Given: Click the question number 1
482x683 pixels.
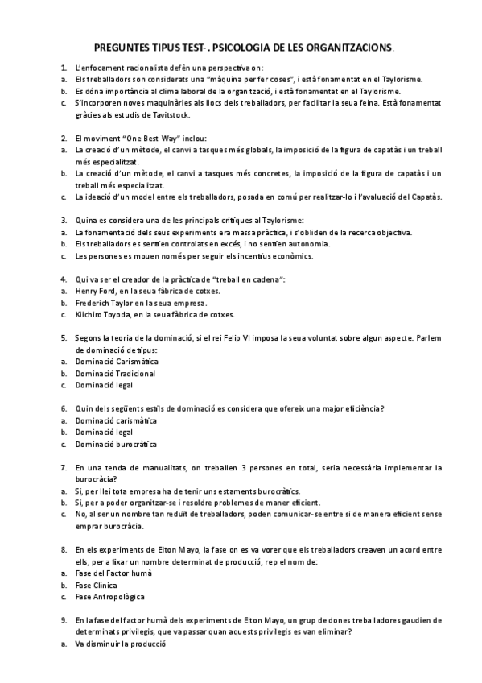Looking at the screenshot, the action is [x=64, y=68].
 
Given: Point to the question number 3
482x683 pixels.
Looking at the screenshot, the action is [x=64, y=221].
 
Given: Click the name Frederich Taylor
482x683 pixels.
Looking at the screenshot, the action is [x=110, y=302].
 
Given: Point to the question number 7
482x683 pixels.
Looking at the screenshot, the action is [x=64, y=467].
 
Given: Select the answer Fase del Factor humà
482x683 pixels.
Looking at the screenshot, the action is [x=113, y=573].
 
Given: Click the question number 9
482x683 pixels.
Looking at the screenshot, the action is [x=64, y=620].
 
